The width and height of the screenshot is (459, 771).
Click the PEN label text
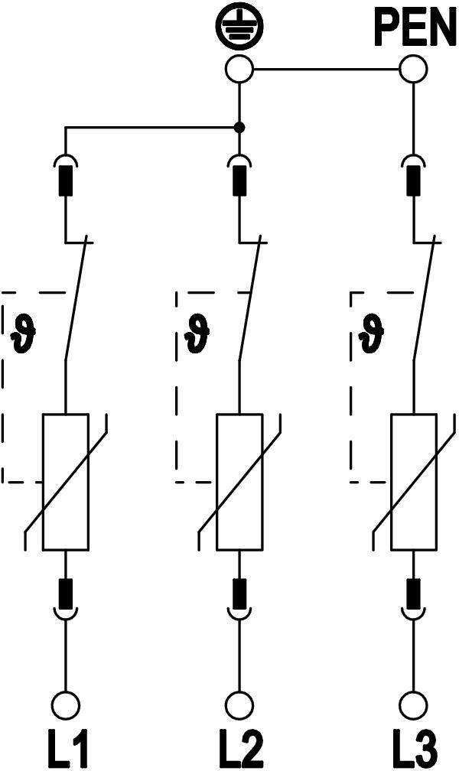click(x=414, y=28)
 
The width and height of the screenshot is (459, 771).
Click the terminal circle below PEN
click(x=414, y=70)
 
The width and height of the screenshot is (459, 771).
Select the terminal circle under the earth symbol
click(x=239, y=70)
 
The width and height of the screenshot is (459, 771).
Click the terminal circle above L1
click(x=66, y=703)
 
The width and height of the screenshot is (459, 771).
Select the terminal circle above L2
click(x=239, y=703)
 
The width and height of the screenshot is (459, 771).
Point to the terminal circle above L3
click(x=414, y=703)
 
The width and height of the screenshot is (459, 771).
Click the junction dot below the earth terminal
click(x=239, y=127)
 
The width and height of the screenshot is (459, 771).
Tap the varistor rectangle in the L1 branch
click(x=66, y=482)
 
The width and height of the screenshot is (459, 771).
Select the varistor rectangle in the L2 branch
click(x=239, y=482)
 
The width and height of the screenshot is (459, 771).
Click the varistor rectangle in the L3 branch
click(x=414, y=482)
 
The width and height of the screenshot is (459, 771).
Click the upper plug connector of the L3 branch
click(x=414, y=176)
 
